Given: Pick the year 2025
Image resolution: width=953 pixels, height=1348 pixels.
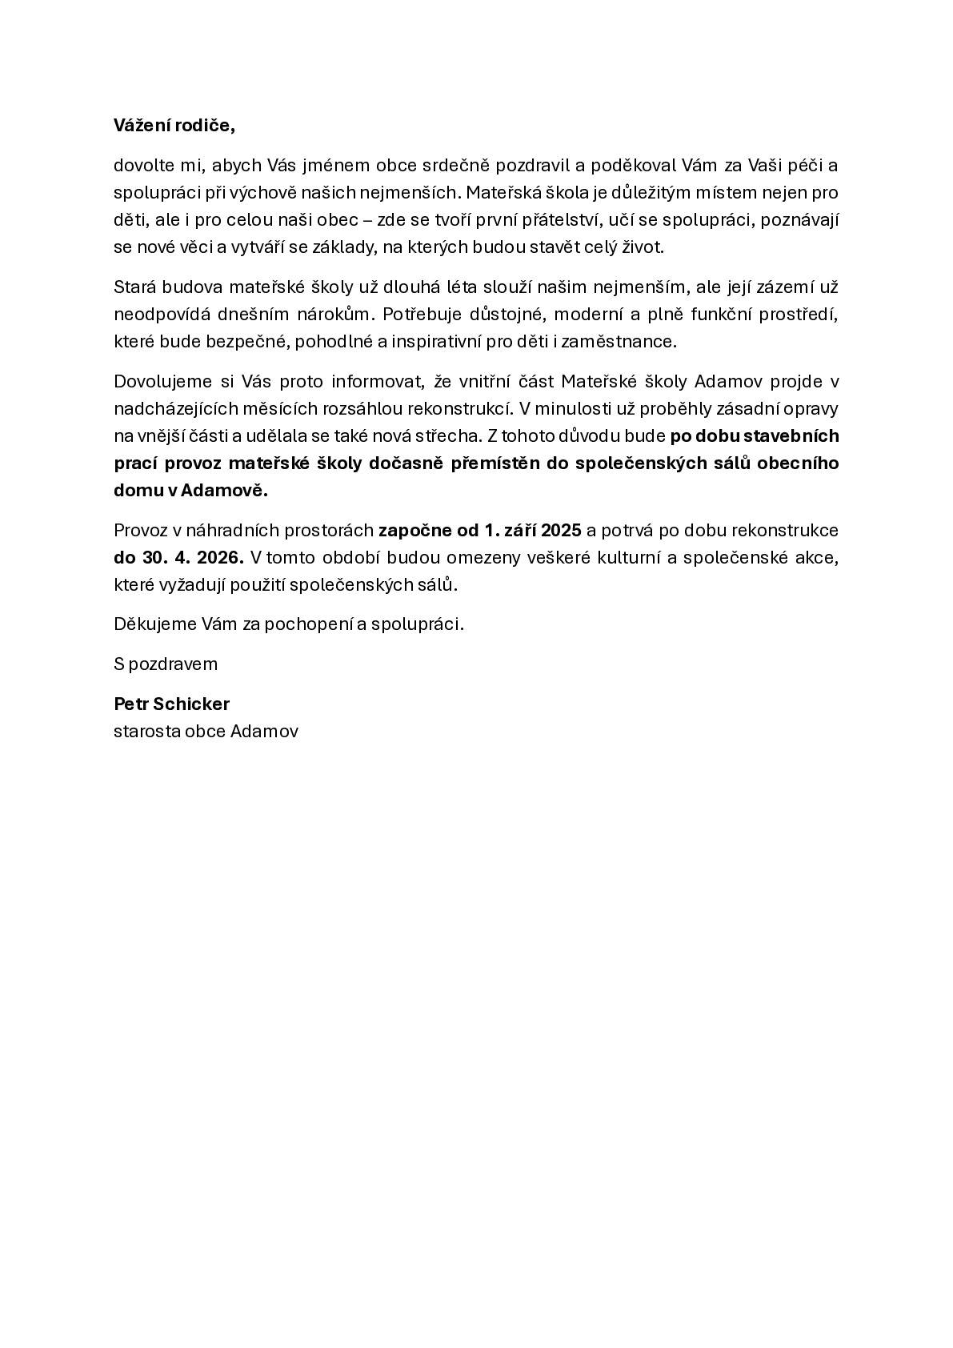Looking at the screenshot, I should pos(562,531).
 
